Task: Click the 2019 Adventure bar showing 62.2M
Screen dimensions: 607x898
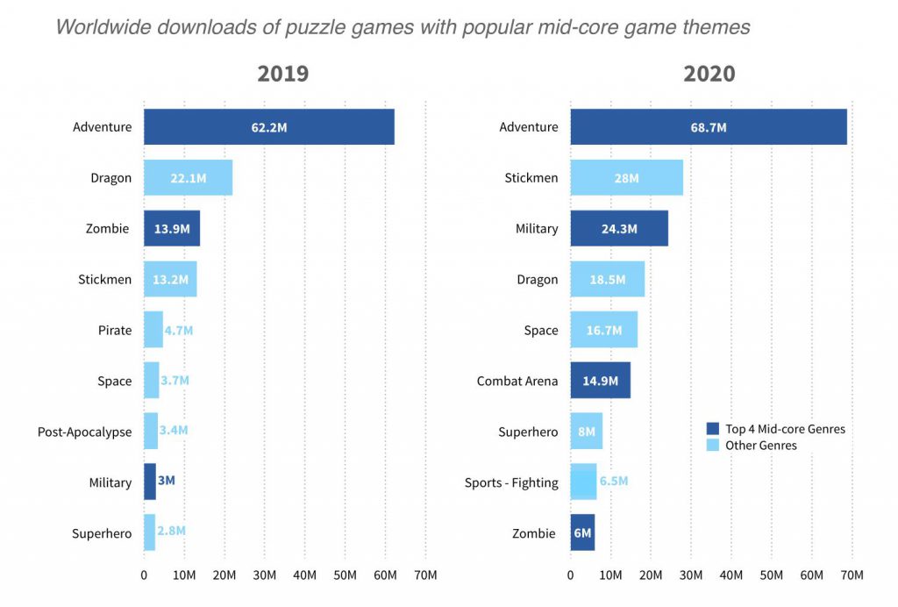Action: click(268, 127)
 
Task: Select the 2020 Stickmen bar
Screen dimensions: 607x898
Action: click(626, 178)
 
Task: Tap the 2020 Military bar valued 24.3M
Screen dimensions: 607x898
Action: click(619, 229)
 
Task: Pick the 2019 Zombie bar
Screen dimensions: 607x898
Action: click(172, 229)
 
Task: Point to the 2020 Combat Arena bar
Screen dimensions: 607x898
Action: click(600, 381)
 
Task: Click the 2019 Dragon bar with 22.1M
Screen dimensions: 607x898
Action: click(188, 178)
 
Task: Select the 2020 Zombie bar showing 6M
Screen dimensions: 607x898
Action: click(582, 533)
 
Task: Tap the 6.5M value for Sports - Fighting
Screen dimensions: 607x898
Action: click(614, 482)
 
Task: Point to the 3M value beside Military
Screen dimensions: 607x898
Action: click(167, 482)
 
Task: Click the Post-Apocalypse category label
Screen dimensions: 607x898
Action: click(84, 432)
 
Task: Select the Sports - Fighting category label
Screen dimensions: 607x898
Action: click(511, 482)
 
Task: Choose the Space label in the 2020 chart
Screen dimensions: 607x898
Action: click(541, 331)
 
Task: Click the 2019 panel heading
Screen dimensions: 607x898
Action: click(282, 74)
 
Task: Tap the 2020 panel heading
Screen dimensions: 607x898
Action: click(709, 74)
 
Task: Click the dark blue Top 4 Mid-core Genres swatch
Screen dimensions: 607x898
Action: click(713, 429)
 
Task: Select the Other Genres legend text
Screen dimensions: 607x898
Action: click(760, 446)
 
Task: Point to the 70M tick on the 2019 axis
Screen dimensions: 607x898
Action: click(425, 575)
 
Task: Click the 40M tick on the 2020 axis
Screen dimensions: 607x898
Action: click(731, 575)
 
